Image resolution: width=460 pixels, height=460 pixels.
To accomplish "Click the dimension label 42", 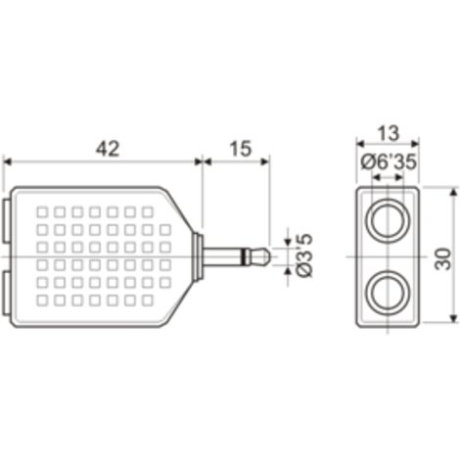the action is click(x=108, y=149).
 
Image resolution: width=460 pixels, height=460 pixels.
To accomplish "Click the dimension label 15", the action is click(x=241, y=149).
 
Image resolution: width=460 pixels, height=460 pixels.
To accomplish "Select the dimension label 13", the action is click(x=388, y=133).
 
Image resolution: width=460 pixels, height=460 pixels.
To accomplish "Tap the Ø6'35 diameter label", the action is click(x=389, y=161).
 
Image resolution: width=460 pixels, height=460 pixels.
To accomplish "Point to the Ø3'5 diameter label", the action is click(x=305, y=255).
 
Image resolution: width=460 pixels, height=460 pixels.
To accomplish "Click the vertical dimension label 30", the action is click(x=442, y=258).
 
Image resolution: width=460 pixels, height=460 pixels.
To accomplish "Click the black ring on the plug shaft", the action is click(x=244, y=256).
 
